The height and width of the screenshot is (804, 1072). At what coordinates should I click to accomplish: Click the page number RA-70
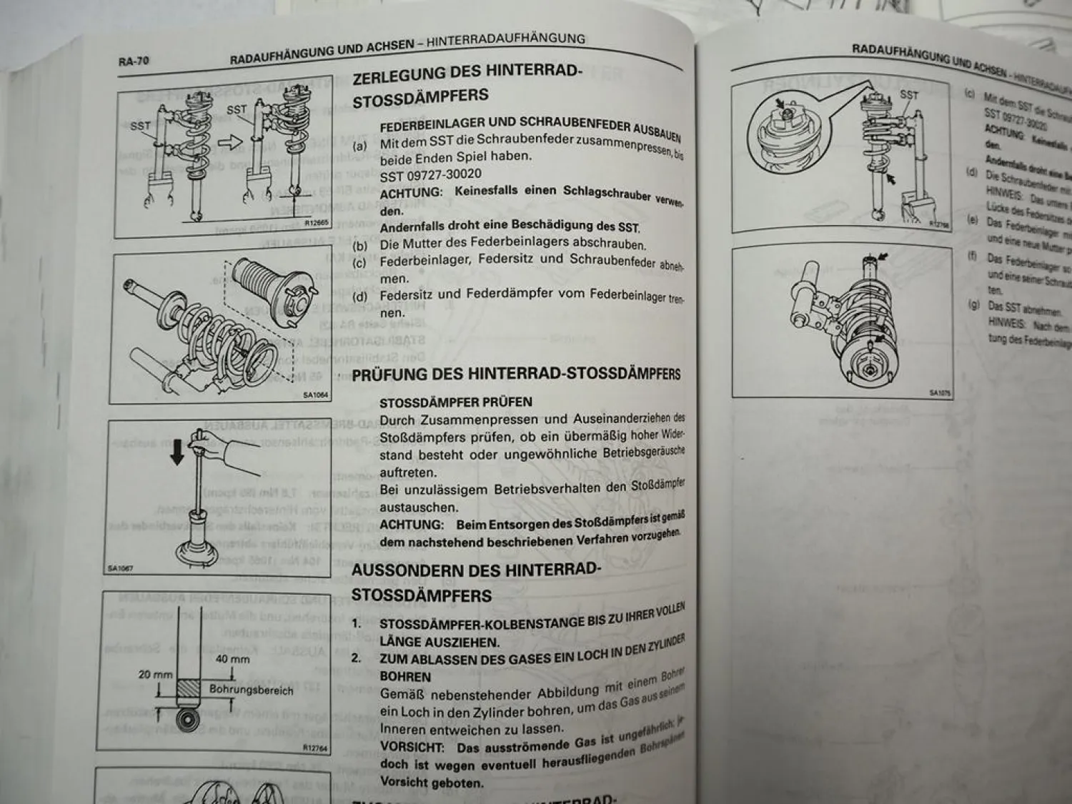(134, 61)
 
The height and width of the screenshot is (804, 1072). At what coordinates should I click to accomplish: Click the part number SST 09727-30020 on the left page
(430, 175)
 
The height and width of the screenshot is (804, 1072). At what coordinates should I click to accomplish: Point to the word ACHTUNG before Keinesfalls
(411, 193)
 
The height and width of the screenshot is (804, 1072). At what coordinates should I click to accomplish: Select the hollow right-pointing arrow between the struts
(231, 142)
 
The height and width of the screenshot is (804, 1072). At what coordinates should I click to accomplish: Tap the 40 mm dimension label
(232, 659)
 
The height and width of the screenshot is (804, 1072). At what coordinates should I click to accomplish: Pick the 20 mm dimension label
(155, 675)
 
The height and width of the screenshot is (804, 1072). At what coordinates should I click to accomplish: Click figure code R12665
(316, 222)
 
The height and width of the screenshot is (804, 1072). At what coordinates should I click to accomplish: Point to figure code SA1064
(314, 394)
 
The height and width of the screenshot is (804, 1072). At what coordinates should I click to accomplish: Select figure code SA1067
(120, 570)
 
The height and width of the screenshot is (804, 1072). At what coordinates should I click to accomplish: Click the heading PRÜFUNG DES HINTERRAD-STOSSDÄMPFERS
(516, 374)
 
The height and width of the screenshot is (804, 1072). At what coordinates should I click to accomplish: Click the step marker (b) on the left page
(361, 246)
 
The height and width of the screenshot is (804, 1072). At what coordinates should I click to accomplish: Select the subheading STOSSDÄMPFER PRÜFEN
(455, 402)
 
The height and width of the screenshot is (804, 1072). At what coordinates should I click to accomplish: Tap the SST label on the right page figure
(909, 94)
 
